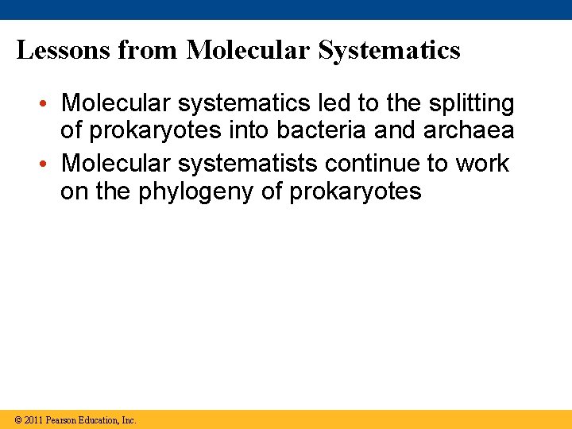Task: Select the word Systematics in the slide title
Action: pos(389,51)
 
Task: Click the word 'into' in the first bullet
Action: pos(245,130)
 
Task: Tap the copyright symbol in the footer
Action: pos(18,420)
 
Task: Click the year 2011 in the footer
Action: pos(34,420)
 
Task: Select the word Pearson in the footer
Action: pos(62,420)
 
